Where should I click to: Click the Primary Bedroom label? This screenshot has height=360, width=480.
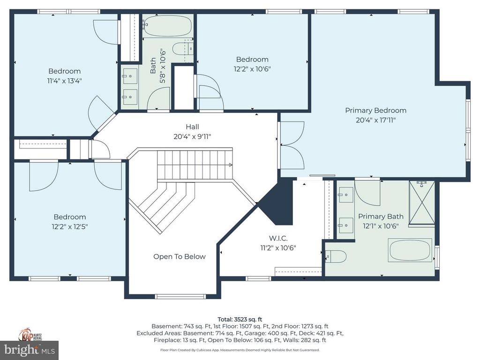point(375,111)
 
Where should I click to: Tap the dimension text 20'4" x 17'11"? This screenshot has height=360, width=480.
point(375,120)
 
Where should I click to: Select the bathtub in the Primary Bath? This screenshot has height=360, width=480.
point(410,250)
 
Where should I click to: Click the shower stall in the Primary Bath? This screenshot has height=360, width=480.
point(422,202)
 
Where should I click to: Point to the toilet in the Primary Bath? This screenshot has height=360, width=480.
point(336,256)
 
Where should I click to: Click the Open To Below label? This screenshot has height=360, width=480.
point(179,256)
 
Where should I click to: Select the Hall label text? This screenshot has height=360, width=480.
point(192,127)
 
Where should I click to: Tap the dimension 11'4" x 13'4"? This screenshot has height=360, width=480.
point(65,80)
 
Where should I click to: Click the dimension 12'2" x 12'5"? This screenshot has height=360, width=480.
point(69,226)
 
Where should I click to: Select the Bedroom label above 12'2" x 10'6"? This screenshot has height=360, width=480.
point(252,60)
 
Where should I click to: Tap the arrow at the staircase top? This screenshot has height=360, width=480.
point(230,165)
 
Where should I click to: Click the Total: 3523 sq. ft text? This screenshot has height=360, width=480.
point(240,319)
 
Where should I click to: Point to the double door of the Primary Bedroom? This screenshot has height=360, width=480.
point(292,145)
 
